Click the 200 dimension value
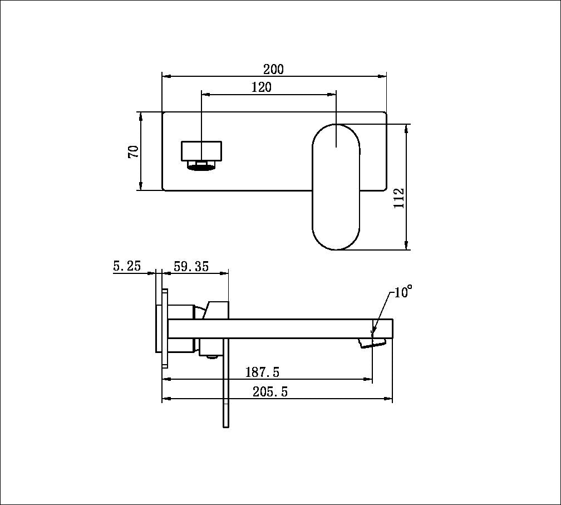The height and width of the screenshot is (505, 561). [x=273, y=70]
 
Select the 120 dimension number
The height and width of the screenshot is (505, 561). [x=261, y=87]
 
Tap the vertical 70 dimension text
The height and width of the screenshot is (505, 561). [x=134, y=151]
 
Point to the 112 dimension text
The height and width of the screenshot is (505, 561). [x=399, y=198]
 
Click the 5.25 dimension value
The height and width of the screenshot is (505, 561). [x=126, y=267]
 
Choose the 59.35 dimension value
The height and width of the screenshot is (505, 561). [x=191, y=267]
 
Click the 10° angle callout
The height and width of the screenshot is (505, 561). [x=403, y=292]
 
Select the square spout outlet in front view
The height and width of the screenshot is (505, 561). [x=201, y=150]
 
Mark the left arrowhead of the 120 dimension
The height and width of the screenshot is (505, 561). [x=204, y=95]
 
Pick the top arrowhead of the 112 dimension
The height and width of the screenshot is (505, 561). [x=407, y=127]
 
